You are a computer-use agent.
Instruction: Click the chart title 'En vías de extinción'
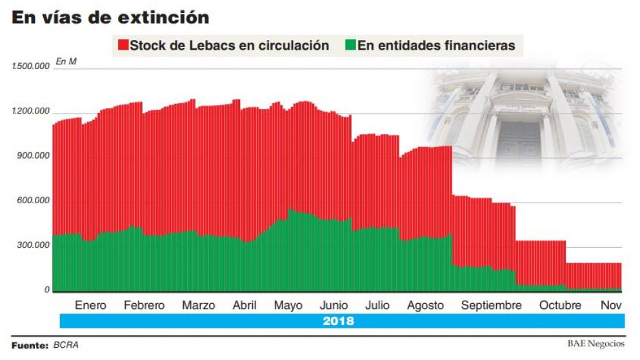[110, 17]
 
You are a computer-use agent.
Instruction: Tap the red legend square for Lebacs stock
[122, 46]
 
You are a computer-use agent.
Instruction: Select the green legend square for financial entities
[350, 46]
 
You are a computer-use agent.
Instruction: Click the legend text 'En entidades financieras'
[436, 46]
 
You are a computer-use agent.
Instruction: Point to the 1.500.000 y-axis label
[31, 67]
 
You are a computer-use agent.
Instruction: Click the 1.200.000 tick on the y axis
[31, 112]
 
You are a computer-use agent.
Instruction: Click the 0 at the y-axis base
[47, 290]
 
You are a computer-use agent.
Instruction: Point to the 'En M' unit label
[66, 62]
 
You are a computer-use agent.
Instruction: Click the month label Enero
[90, 305]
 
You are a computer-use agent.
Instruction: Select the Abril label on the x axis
[245, 305]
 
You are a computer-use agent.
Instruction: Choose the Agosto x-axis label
[425, 305]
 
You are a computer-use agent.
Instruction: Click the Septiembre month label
[491, 305]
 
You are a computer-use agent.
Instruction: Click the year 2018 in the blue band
[338, 321]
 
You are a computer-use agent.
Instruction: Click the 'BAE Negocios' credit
[595, 344]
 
